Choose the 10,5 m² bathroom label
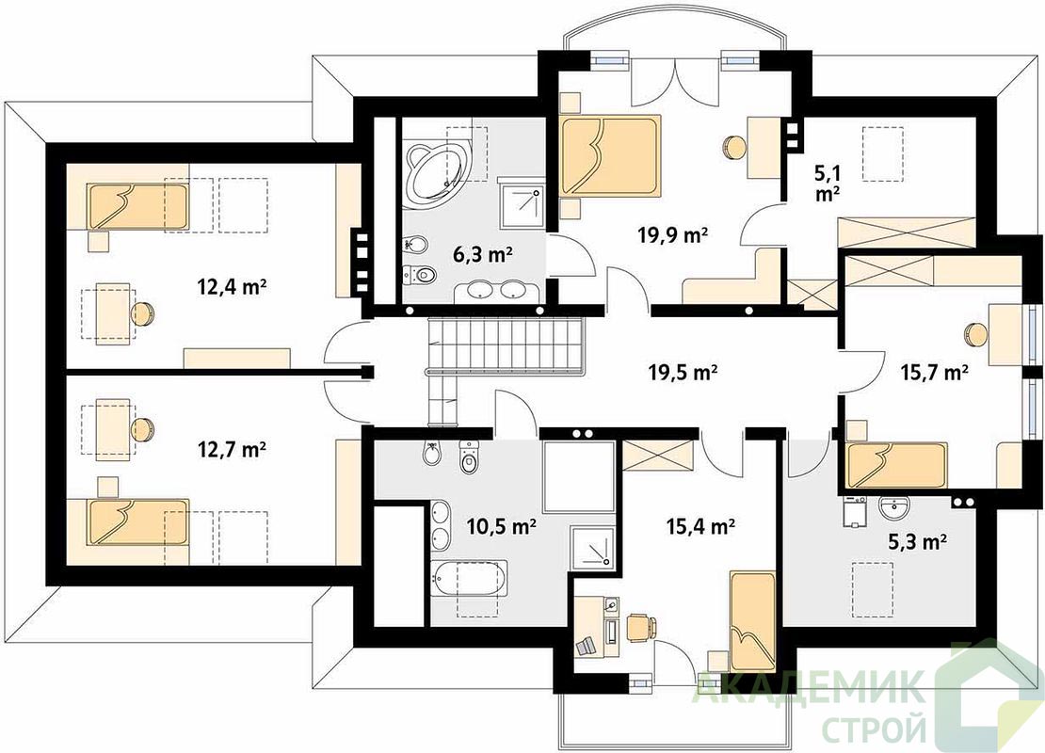(502, 526)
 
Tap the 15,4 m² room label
(699, 526)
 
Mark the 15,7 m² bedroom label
(934, 373)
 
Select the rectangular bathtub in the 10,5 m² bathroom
(470, 579)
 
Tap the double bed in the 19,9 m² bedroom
(610, 156)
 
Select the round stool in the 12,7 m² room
(142, 428)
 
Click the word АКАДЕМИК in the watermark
(810, 688)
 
